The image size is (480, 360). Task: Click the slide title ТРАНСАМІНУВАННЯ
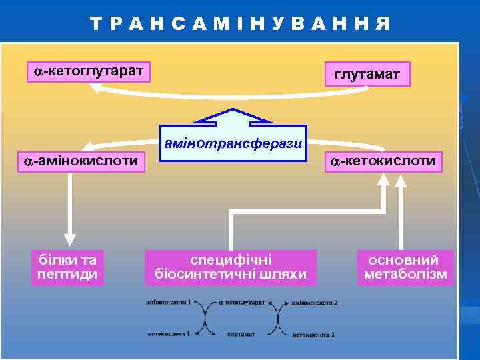point(240,24)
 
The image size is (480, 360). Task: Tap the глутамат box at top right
point(367,75)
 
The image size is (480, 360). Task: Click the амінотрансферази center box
point(233,143)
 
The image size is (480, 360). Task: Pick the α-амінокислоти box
point(81,161)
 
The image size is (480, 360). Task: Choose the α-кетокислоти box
point(382,161)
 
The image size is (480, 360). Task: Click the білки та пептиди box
point(68,267)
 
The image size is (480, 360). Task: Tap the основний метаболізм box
point(405,267)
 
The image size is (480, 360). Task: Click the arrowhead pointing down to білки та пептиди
point(70,238)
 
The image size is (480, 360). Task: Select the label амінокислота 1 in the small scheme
point(169,302)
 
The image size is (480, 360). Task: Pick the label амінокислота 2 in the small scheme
point(315,303)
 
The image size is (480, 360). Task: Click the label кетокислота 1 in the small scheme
point(169,333)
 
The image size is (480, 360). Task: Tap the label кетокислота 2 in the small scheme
point(313,334)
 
